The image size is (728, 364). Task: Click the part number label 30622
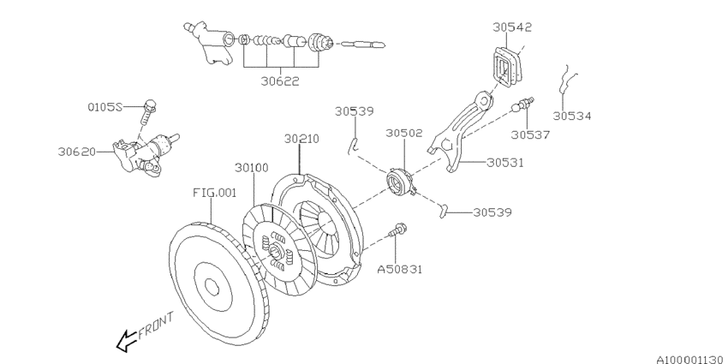pyautogui.click(x=279, y=81)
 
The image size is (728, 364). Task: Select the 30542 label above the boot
pyautogui.click(x=512, y=27)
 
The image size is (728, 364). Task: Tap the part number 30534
pyautogui.click(x=572, y=116)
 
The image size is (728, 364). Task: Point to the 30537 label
pyautogui.click(x=530, y=134)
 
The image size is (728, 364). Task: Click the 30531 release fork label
pyautogui.click(x=505, y=163)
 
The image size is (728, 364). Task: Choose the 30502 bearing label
pyautogui.click(x=404, y=133)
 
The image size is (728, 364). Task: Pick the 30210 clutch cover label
pyautogui.click(x=301, y=139)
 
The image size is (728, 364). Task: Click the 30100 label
pyautogui.click(x=251, y=167)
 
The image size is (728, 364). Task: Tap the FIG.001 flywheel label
pyautogui.click(x=214, y=192)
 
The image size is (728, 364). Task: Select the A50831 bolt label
pyautogui.click(x=400, y=269)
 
